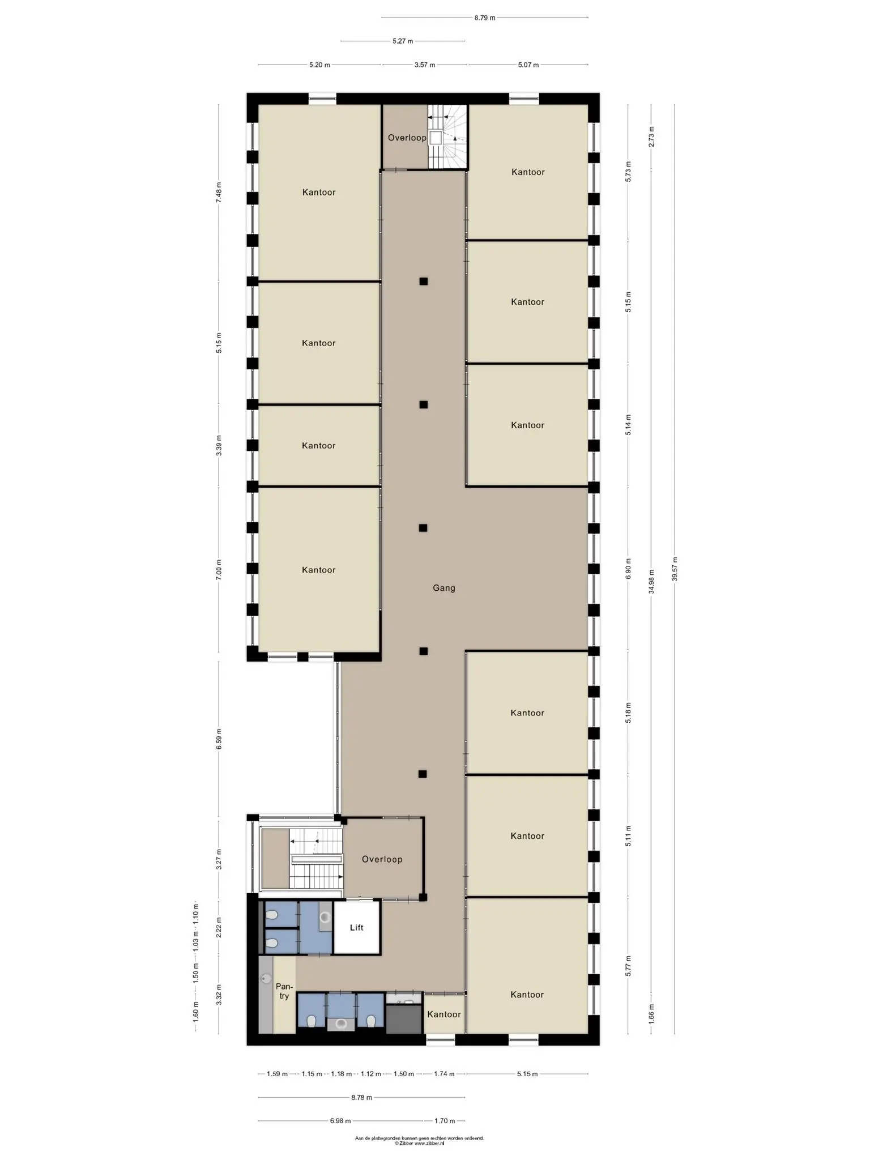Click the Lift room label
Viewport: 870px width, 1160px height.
[x=356, y=927]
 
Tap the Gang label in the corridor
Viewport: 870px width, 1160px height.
[x=443, y=588]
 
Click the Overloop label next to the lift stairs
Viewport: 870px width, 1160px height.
[x=382, y=859]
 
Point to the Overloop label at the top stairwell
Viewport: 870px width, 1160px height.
[x=407, y=138]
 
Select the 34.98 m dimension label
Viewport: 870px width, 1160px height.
[x=651, y=581]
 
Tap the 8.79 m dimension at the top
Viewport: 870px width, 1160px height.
[x=485, y=18]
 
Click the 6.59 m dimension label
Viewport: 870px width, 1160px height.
[x=219, y=739]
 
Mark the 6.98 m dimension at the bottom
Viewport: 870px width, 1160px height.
[x=340, y=1120]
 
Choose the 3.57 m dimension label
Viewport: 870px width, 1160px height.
[x=425, y=65]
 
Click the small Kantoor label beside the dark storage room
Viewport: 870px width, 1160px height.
[x=443, y=1014]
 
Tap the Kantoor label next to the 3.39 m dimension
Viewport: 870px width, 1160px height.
[x=319, y=446]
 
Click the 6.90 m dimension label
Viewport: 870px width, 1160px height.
[x=628, y=569]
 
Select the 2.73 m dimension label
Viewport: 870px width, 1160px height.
[x=651, y=137]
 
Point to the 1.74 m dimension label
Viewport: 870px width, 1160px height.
[x=444, y=1073]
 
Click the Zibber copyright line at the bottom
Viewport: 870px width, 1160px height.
[x=419, y=1144]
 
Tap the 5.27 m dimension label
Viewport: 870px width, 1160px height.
[x=403, y=41]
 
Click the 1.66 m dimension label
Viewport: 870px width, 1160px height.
[x=651, y=1013]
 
